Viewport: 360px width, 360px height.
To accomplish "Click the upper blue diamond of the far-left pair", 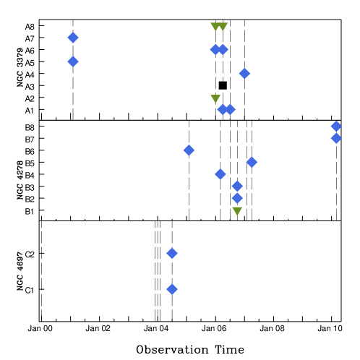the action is coord(73,38).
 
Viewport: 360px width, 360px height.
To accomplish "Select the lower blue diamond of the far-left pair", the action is coord(73,61).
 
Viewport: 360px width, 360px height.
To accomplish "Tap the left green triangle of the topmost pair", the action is coord(215,27).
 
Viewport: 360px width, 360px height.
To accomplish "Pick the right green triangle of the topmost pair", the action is coord(223,27).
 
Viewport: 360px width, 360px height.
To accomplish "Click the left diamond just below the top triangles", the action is coord(215,49).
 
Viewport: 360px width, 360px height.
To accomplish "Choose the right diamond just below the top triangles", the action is coord(223,49).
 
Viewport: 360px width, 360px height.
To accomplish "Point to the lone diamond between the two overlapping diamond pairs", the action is coord(244,73).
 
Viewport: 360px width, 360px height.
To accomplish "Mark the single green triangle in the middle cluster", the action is coord(215,98).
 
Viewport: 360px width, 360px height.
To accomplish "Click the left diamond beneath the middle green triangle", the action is coord(223,109).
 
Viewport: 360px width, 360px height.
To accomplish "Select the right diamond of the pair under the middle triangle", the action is coord(230,109).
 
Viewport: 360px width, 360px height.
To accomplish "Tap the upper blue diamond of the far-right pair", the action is coord(336,127).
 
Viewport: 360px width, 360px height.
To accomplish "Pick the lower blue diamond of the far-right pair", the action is coord(336,138).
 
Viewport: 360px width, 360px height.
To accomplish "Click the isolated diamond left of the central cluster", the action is coord(189,150).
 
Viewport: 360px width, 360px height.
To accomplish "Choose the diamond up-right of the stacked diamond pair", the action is coord(252,162).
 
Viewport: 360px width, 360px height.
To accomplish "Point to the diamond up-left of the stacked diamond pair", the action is coord(220,173).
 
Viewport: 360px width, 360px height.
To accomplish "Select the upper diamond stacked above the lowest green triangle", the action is coord(237,186).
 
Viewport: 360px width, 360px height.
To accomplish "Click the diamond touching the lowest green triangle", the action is coord(237,198).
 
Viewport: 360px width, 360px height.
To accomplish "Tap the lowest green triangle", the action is coord(237,211).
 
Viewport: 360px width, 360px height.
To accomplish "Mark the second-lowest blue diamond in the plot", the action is coord(172,253).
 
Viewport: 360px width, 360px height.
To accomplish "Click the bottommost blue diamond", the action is coord(172,289).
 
